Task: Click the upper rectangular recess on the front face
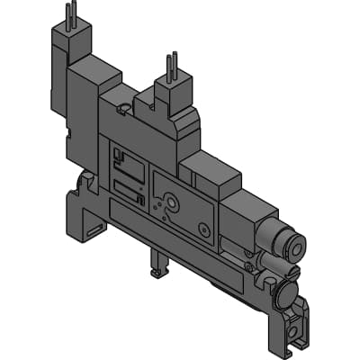(130, 166)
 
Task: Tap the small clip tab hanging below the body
(159, 265)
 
